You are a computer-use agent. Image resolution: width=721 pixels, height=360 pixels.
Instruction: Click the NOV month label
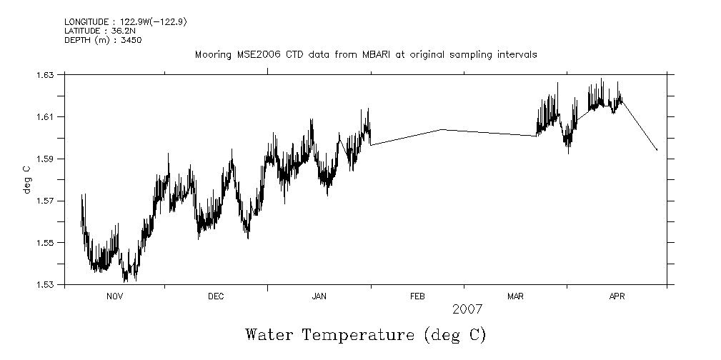[115, 296]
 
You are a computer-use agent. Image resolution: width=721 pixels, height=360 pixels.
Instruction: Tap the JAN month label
[319, 296]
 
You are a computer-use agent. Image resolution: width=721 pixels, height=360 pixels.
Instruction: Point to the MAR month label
[516, 296]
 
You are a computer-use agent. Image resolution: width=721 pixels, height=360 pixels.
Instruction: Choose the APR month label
[617, 296]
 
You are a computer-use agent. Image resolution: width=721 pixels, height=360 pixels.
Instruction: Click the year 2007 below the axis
[468, 309]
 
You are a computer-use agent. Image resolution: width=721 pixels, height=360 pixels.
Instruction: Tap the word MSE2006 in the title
[253, 54]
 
